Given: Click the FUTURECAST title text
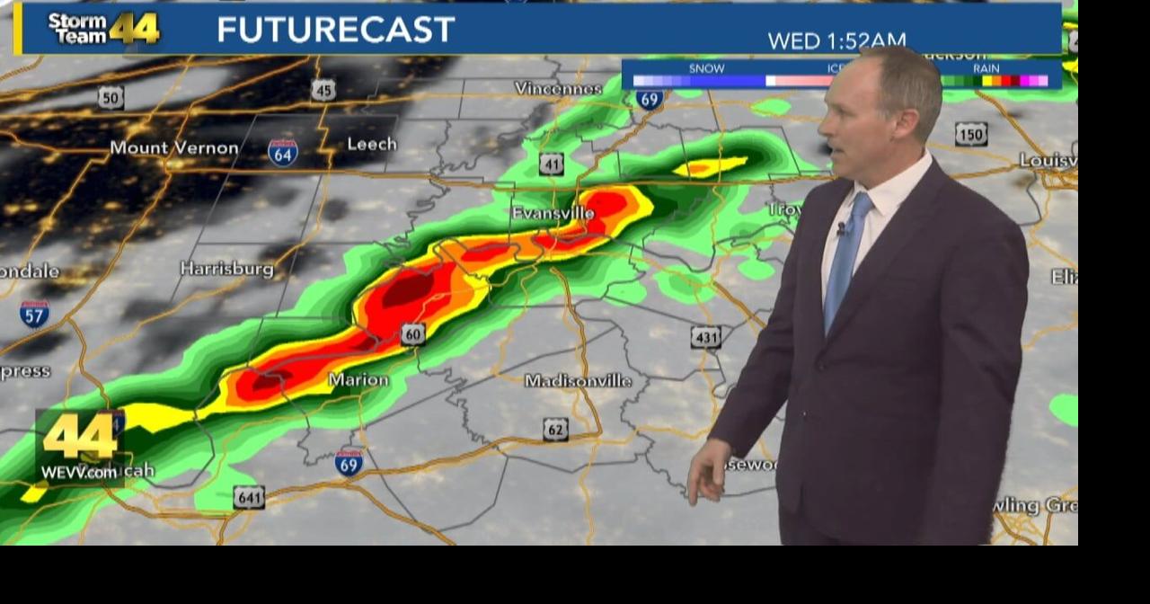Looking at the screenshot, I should click(x=335, y=30).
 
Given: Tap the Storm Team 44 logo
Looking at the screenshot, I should click(x=103, y=29).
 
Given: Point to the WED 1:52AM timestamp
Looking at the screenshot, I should click(x=836, y=40).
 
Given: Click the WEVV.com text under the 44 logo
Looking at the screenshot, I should click(x=79, y=472).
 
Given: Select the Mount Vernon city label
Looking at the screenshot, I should click(x=174, y=147).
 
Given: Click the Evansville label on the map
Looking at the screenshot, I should click(x=553, y=213).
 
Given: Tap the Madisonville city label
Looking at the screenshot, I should click(x=578, y=380).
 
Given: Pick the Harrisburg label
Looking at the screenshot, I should click(x=226, y=269).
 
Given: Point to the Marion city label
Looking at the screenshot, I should click(x=358, y=379).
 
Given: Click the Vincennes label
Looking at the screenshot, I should click(x=558, y=88).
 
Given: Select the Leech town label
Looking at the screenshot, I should click(x=371, y=144).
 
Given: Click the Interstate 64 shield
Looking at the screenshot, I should click(x=283, y=153).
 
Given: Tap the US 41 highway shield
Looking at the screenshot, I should click(x=552, y=164).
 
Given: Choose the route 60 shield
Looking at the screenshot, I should click(x=413, y=334).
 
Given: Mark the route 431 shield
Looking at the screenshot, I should click(x=705, y=337).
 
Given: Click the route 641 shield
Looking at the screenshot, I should click(x=249, y=497).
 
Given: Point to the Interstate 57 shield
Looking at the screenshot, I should click(x=34, y=313).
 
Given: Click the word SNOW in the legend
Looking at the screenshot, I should click(x=706, y=68).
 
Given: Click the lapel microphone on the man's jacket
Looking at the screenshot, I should click(x=841, y=229).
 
